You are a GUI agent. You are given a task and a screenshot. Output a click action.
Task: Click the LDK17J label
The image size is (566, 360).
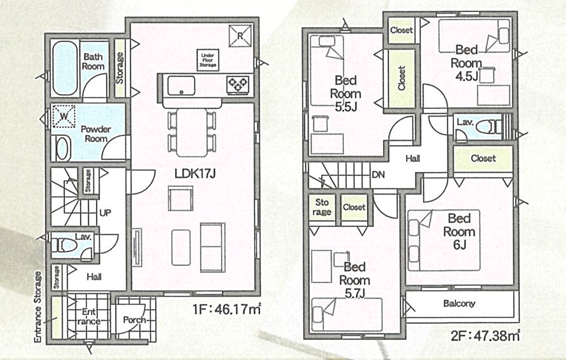coord(195,173)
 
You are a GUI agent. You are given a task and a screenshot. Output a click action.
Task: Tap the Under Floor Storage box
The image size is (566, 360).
coord(208,60)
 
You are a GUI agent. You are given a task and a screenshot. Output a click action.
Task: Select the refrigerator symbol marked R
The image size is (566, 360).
coord(240,36)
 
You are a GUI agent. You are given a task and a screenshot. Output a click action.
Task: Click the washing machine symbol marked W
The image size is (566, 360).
coord(64,116)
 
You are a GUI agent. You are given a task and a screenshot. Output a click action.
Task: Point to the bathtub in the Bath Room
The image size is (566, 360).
coord(65,68)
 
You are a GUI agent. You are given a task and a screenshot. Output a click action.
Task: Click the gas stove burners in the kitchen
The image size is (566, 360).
coord(237,86)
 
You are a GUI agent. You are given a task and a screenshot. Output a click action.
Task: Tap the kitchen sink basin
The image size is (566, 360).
coord(181,86)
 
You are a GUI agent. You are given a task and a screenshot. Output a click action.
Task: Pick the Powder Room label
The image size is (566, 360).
coord(96,134)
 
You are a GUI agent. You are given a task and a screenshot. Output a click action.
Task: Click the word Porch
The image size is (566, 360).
coord(134,320)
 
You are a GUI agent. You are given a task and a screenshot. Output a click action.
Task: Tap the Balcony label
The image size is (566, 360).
coord(459,304)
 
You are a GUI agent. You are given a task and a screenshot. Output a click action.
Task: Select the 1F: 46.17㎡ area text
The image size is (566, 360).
coord(227,309)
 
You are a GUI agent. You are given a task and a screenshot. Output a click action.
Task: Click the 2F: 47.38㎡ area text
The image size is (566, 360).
coord(485,336)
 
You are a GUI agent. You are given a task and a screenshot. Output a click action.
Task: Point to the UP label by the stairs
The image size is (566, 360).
coord(105,213)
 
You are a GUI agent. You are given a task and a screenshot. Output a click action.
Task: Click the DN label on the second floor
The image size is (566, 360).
coord(378,175)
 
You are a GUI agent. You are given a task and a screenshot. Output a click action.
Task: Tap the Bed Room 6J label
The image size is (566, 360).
coord(459,231)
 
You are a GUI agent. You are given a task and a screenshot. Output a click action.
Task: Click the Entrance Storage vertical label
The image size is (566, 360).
coord(38,307)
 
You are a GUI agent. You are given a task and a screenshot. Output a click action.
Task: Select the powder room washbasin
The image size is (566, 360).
coord(62,149)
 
